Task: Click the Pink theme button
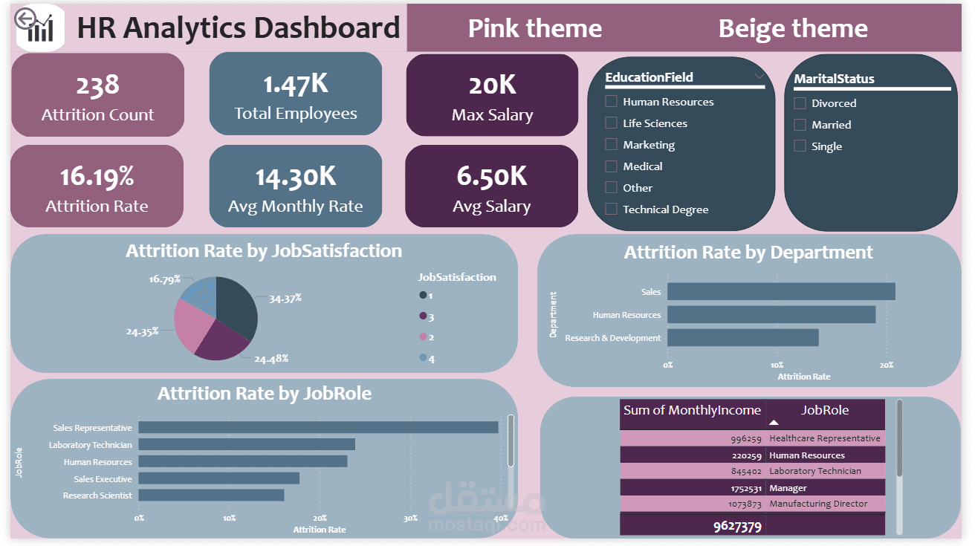pos(534,29)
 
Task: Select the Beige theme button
pos(792,29)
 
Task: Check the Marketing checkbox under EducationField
pos(611,145)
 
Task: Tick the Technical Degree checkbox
pos(611,209)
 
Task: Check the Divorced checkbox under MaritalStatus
pos(800,103)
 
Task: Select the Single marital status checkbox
pos(800,146)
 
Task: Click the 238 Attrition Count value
pos(97,85)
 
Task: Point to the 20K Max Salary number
pos(492,85)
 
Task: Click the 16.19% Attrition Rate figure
pos(97,177)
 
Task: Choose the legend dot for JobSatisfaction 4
pos(424,358)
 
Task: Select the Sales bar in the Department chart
pos(780,292)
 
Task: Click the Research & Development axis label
pos(612,338)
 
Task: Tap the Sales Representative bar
pos(317,428)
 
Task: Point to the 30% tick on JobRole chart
pos(410,518)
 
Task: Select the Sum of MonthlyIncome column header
pos(692,411)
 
